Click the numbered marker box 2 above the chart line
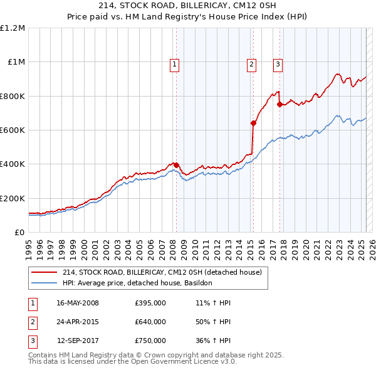click(251, 63)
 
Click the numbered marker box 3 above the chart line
click(278, 63)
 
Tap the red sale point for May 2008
click(176, 165)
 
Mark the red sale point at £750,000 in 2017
click(279, 105)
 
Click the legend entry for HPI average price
click(137, 283)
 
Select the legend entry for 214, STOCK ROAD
click(165, 272)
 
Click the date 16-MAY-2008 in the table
click(78, 304)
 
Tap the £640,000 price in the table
click(150, 322)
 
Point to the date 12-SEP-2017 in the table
click(78, 341)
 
